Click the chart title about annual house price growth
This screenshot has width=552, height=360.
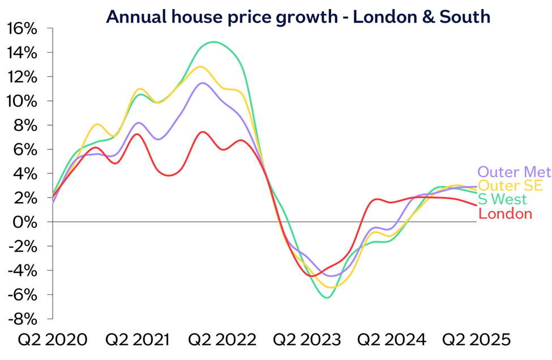point(298,16)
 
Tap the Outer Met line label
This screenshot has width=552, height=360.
point(514,172)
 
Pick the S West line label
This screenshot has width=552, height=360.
point(503,199)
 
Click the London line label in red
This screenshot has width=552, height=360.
point(506,213)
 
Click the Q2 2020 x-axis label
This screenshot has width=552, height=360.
point(53,340)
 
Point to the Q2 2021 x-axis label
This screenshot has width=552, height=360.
point(138,340)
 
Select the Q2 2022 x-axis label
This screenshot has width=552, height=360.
point(222,340)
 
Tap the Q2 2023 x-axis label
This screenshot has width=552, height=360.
point(307,340)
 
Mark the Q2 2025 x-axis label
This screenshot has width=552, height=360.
point(477,340)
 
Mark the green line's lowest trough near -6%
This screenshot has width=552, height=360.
point(327,297)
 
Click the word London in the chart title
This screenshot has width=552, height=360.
point(379,16)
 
